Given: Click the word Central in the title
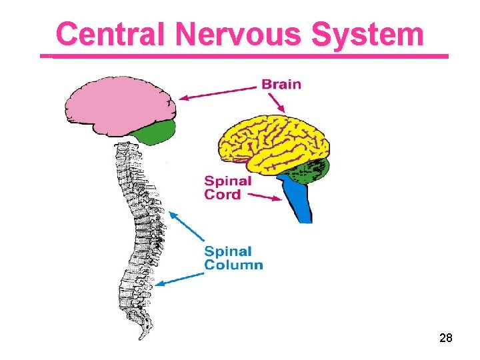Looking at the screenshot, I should tap(109, 34).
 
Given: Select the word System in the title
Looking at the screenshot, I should tap(367, 34).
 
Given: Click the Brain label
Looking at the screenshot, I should tap(281, 85).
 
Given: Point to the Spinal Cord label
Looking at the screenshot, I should tap(227, 187).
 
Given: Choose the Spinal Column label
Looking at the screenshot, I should tap(233, 258).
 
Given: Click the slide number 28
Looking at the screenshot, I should tap(446, 339).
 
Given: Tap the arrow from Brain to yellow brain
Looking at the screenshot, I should tap(276, 101).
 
